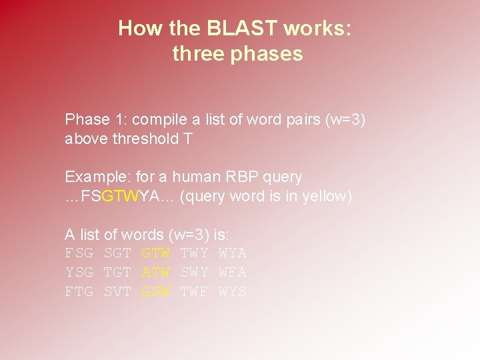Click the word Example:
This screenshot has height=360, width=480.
point(97,177)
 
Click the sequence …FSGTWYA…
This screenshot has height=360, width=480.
point(120,197)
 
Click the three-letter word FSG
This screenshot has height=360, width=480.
point(79,253)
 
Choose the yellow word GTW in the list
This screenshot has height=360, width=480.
point(156,253)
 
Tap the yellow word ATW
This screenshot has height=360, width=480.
point(156,273)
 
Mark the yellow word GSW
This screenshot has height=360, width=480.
point(156,292)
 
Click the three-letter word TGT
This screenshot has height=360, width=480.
point(117,273)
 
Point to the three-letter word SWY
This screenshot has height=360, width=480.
point(195,273)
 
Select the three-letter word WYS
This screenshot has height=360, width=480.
point(233,292)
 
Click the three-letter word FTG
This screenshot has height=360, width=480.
point(79,292)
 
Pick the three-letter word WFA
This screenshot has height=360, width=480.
point(233,273)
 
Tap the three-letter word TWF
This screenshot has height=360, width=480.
point(195,292)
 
